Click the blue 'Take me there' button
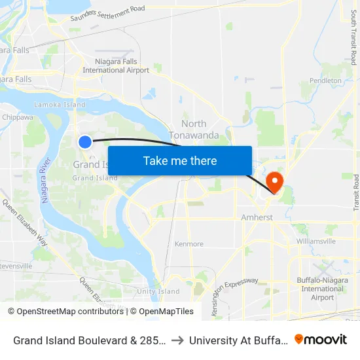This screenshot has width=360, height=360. [x=180, y=161]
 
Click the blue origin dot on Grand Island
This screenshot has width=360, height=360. [x=85, y=142]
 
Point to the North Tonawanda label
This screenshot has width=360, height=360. [x=194, y=130]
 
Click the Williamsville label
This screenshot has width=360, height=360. [x=315, y=241]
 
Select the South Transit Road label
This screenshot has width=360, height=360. [x=353, y=32]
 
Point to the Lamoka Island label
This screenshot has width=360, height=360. [x=60, y=105]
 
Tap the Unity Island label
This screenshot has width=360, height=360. [x=158, y=291]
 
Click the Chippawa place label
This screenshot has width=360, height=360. [x=18, y=117]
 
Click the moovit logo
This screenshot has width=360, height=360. [x=320, y=339]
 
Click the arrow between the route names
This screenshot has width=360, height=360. [x=178, y=340]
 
